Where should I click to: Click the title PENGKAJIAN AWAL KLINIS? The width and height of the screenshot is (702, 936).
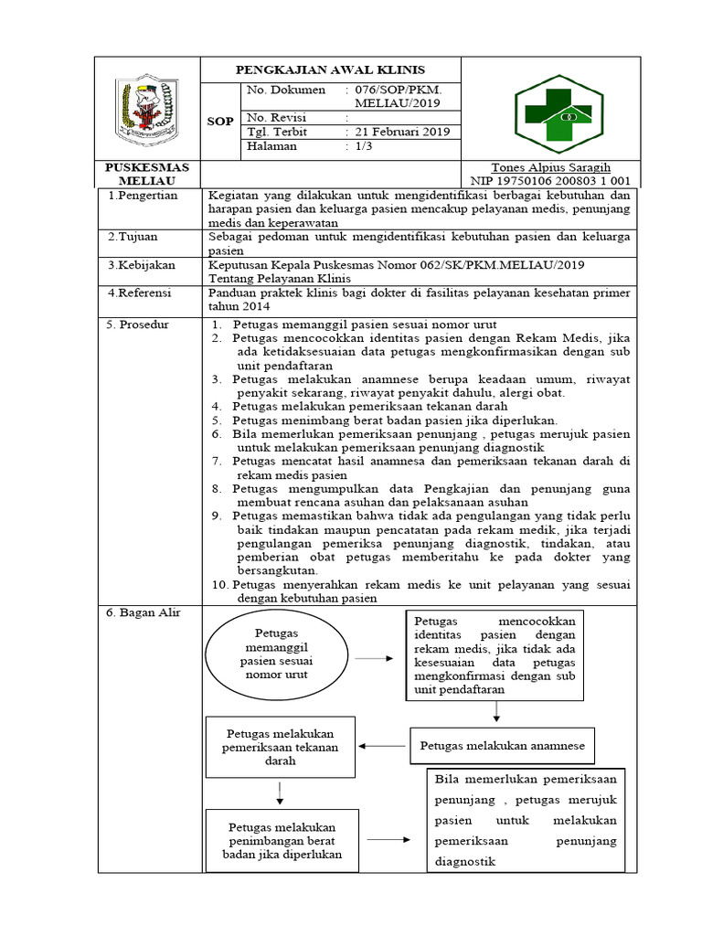pyautogui.click(x=331, y=69)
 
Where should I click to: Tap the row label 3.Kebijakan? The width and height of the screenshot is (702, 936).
pyautogui.click(x=141, y=264)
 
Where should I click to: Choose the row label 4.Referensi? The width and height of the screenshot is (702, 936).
pyautogui.click(x=141, y=292)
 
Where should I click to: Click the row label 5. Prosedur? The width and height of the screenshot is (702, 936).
pyautogui.click(x=139, y=324)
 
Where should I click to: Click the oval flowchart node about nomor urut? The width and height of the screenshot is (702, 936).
pyautogui.click(x=275, y=654)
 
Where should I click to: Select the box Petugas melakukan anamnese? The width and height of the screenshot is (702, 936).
pyautogui.click(x=502, y=746)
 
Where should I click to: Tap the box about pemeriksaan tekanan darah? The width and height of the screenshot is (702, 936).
pyautogui.click(x=281, y=747)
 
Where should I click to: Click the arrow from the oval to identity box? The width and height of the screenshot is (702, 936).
pyautogui.click(x=373, y=657)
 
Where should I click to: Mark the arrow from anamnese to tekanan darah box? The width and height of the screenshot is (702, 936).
pyautogui.click(x=384, y=746)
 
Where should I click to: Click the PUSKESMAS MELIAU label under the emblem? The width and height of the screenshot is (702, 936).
pyautogui.click(x=147, y=174)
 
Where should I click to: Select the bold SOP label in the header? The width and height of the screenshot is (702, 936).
pyautogui.click(x=220, y=121)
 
